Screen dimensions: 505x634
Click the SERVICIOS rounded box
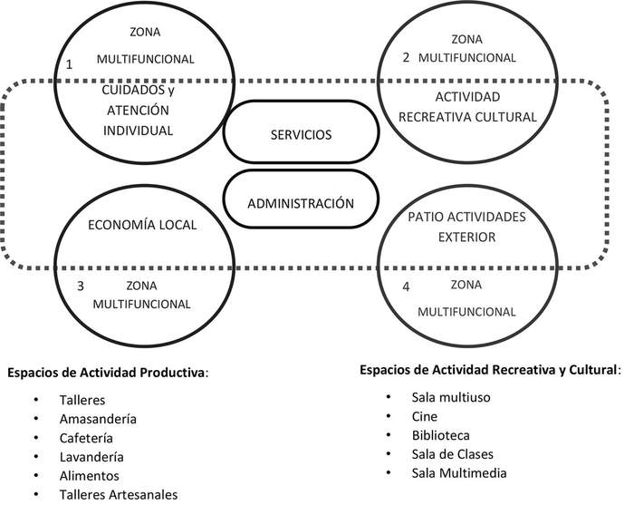pos(301,134)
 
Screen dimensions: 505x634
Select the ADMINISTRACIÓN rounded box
pos(301,203)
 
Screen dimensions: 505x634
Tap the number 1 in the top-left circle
pos(69,64)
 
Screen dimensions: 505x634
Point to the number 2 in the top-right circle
pos(407,57)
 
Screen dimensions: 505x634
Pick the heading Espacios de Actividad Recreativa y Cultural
pos(489,370)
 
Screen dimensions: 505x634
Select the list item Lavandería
pos(92,456)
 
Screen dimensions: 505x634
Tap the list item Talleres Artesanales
pos(119,494)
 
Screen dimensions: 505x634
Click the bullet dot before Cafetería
pos(35,438)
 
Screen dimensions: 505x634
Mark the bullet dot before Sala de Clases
pos(388,454)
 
